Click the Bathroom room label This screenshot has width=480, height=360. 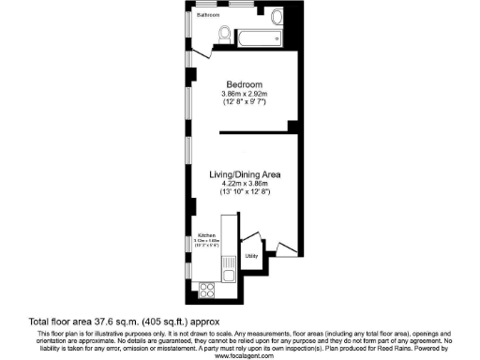pos(208,16)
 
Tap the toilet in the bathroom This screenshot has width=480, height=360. pos(223,36)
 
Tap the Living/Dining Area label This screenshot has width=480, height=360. pos(246,174)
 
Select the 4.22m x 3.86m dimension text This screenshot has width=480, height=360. pos(246,184)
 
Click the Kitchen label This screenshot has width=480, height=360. pos(206,235)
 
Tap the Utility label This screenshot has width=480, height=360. pos(251,255)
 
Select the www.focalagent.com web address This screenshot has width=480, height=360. pos(240,356)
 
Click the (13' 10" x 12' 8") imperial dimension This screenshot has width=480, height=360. pos(246,192)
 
